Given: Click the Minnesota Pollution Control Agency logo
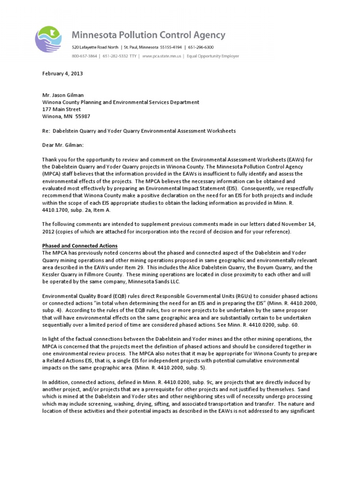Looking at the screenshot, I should tap(51, 41).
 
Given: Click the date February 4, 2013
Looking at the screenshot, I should tap(63, 74).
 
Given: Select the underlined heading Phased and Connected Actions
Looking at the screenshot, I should tap(80, 246).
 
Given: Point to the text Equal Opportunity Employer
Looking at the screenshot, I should tap(212, 56).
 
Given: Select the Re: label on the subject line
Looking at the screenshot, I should tap(45, 131).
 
